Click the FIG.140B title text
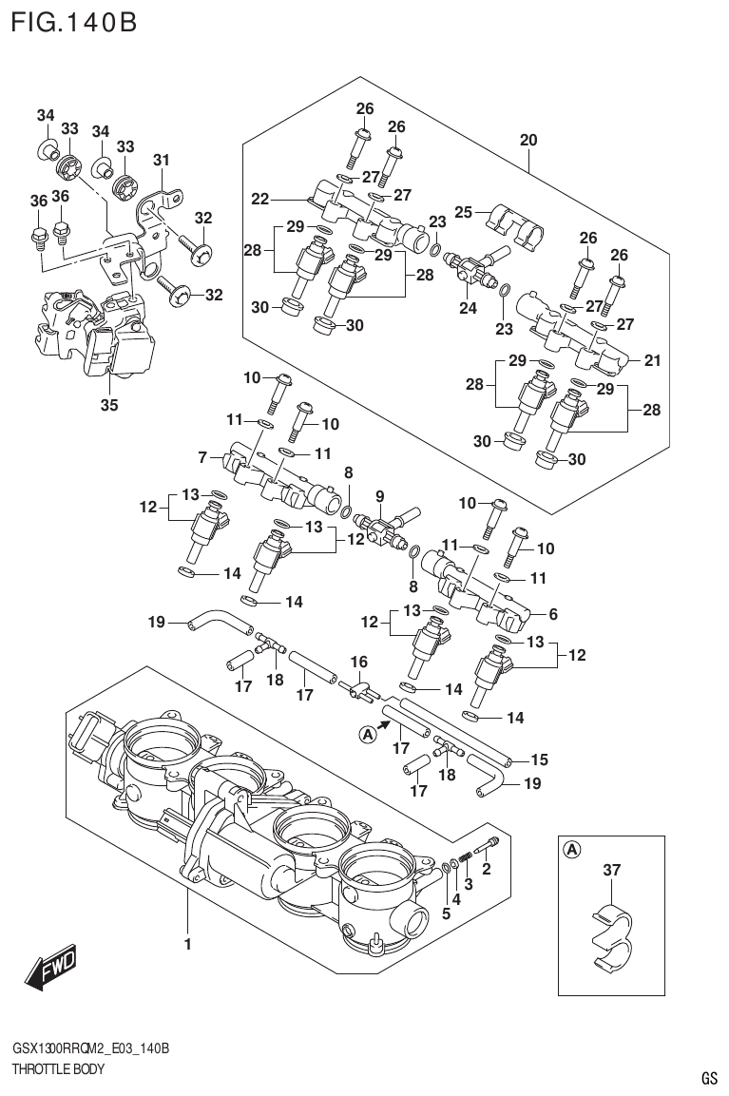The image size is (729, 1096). tap(73, 21)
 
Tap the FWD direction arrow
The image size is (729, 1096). tap(51, 967)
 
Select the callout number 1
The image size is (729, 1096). tap(188, 944)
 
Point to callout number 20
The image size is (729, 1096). tap(528, 141)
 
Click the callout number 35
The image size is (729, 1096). tap(109, 405)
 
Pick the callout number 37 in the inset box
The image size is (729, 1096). tap(611, 869)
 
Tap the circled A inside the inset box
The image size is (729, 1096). tap(572, 849)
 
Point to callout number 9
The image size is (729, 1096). tap(379, 495)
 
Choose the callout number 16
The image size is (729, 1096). tap(358, 662)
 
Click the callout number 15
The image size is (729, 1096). tap(539, 760)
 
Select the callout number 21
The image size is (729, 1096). tap(651, 360)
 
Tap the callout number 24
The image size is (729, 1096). tap(468, 308)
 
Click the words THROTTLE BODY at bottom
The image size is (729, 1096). tap(57, 1068)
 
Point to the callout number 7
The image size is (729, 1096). tap(202, 458)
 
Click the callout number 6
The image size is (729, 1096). tap(552, 613)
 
